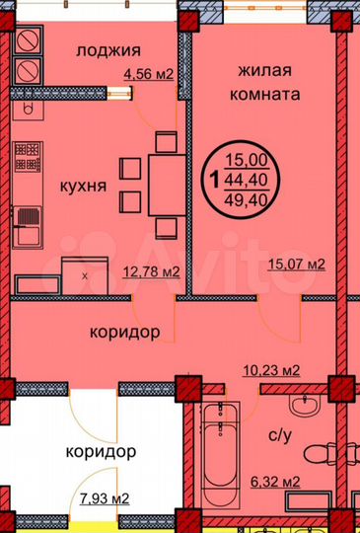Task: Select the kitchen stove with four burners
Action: click(x=26, y=158)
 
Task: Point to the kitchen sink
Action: click(x=26, y=221)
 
